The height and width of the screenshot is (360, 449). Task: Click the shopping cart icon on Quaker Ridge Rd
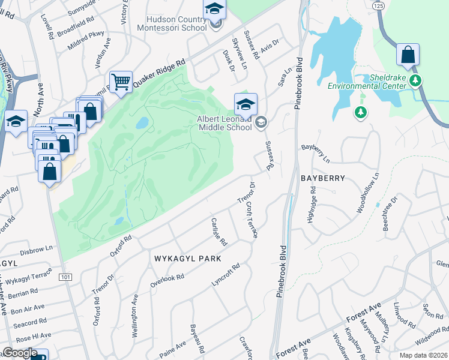click(121, 83)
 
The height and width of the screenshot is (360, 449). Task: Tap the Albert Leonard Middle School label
click(224, 123)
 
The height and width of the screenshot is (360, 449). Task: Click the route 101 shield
click(65, 277)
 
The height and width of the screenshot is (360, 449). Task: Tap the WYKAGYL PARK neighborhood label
click(188, 259)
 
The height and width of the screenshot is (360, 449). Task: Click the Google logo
click(20, 353)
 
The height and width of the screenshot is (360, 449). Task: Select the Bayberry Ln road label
click(316, 153)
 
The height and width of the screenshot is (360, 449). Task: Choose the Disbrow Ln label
click(37, 247)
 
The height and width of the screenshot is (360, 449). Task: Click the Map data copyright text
click(423, 355)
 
